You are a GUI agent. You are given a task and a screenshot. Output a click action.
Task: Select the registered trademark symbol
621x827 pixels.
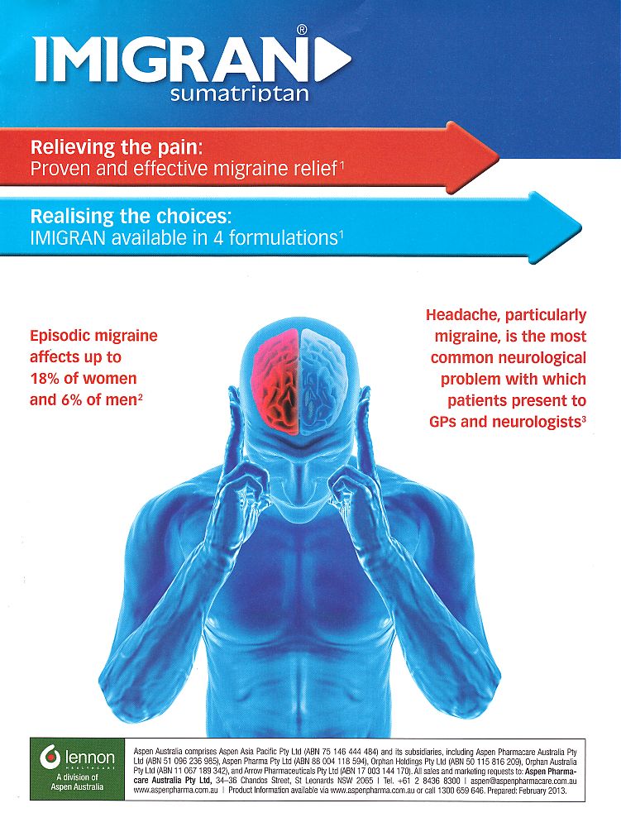(x=302, y=30)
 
